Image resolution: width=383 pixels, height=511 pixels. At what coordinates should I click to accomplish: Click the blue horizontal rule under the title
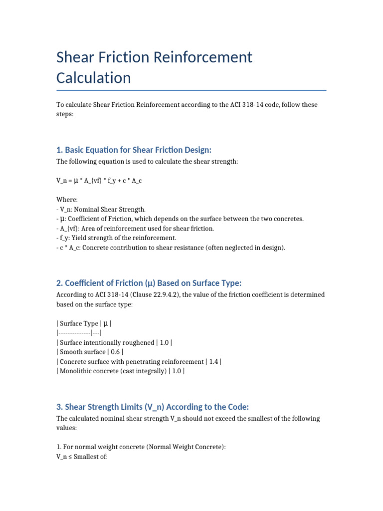tap(191, 90)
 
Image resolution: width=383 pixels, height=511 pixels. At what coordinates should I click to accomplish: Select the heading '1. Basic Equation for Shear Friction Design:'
tap(134, 150)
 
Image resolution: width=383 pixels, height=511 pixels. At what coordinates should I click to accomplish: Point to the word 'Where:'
tap(67, 200)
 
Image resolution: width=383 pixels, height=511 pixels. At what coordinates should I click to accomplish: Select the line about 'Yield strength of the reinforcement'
tap(116, 238)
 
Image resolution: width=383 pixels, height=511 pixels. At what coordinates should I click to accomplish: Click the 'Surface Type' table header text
tap(79, 323)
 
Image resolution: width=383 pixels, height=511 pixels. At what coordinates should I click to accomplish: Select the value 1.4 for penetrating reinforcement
tap(215, 361)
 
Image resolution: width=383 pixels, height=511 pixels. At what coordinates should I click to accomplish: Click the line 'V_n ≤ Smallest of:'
tap(82, 457)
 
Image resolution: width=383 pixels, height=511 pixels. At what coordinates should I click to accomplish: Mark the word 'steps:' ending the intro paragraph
tap(65, 114)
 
